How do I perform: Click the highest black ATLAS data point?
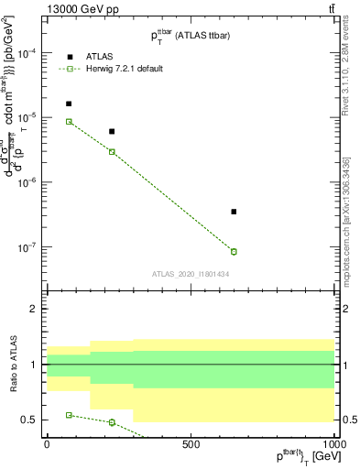(69, 104)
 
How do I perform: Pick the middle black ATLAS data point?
(112, 132)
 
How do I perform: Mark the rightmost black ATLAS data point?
(234, 212)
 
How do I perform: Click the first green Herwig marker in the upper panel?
(69, 121)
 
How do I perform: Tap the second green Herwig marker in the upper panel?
(112, 151)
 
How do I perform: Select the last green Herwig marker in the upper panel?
(234, 252)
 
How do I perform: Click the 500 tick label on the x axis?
(191, 443)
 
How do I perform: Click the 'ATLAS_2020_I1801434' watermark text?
(191, 274)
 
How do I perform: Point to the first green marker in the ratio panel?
(69, 415)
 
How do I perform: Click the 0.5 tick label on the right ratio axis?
(348, 420)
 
